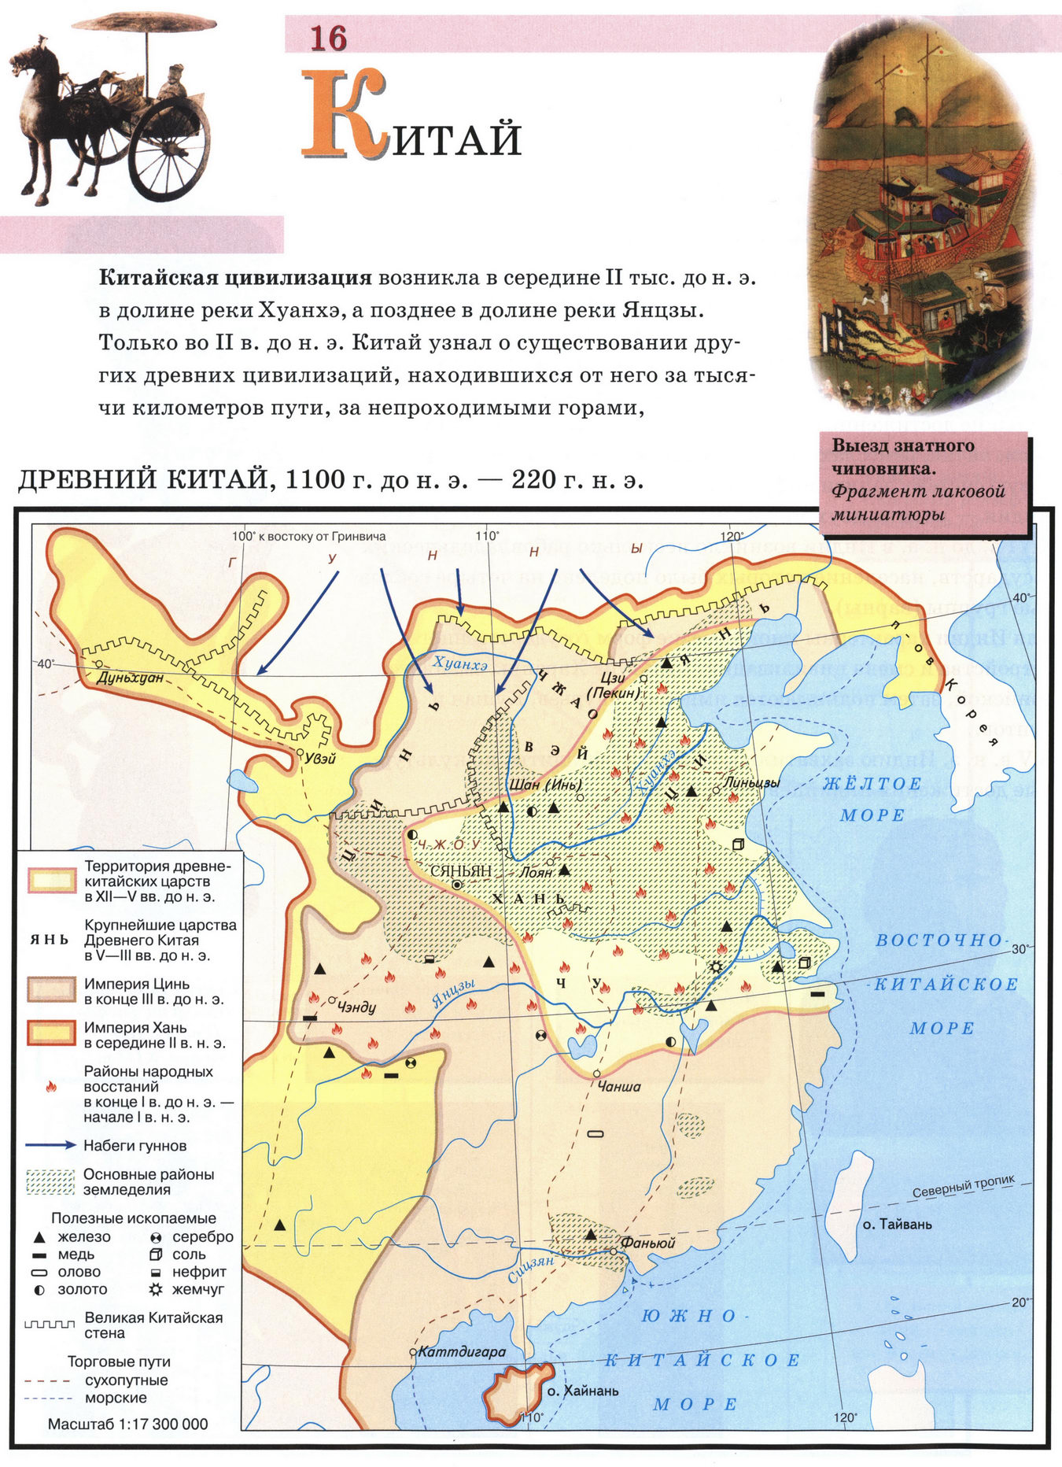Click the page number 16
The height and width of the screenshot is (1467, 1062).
click(328, 38)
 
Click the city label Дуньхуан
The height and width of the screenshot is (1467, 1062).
click(130, 677)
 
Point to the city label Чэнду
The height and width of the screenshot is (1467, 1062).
click(356, 1007)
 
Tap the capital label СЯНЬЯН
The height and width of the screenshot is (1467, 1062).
click(461, 872)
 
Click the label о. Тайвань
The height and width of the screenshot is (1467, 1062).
click(897, 1225)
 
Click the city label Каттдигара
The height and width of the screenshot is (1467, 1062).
click(462, 1352)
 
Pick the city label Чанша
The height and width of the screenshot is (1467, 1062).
click(619, 1086)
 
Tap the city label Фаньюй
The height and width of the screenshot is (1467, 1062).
click(648, 1243)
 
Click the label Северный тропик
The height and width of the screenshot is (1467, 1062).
click(963, 1187)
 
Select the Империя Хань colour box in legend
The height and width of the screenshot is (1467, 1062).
click(51, 1034)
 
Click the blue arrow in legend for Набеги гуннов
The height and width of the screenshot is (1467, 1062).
click(50, 1145)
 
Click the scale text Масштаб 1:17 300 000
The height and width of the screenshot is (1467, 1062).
click(128, 1424)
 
